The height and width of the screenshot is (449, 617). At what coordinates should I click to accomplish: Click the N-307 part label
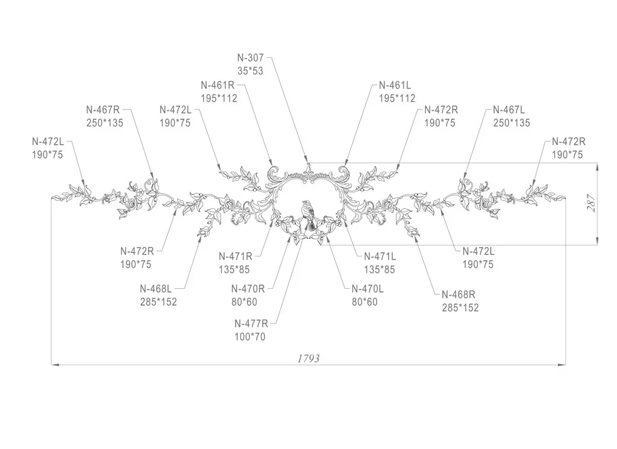(x=250, y=58)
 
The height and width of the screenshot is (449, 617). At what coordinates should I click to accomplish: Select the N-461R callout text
(x=218, y=85)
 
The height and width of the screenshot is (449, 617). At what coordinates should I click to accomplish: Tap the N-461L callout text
(x=395, y=85)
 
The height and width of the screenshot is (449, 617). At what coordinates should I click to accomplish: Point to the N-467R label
(x=102, y=110)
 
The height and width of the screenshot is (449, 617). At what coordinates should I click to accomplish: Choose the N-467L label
(x=509, y=110)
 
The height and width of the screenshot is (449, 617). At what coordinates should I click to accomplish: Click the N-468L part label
(x=156, y=289)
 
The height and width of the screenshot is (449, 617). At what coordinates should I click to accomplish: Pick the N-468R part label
(x=459, y=294)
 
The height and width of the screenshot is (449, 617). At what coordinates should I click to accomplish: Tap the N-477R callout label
(x=251, y=324)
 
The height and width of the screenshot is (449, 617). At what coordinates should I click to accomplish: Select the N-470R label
(x=248, y=289)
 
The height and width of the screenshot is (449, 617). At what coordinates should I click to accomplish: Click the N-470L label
(x=368, y=289)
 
